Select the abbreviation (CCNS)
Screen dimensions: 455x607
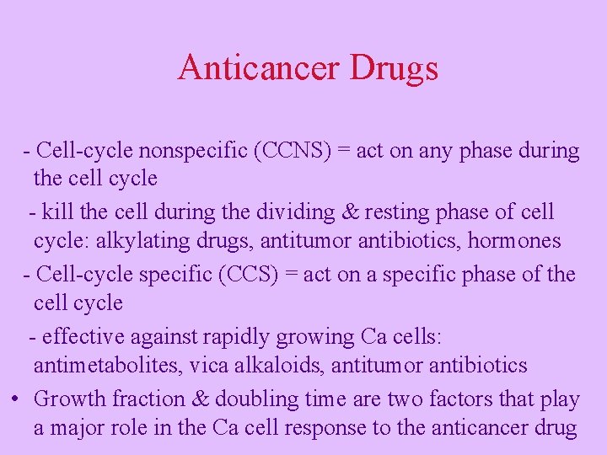[295, 151]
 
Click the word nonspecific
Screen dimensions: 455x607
[180, 151]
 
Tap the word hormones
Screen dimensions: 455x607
[514, 241]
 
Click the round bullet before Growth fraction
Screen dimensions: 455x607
[16, 399]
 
